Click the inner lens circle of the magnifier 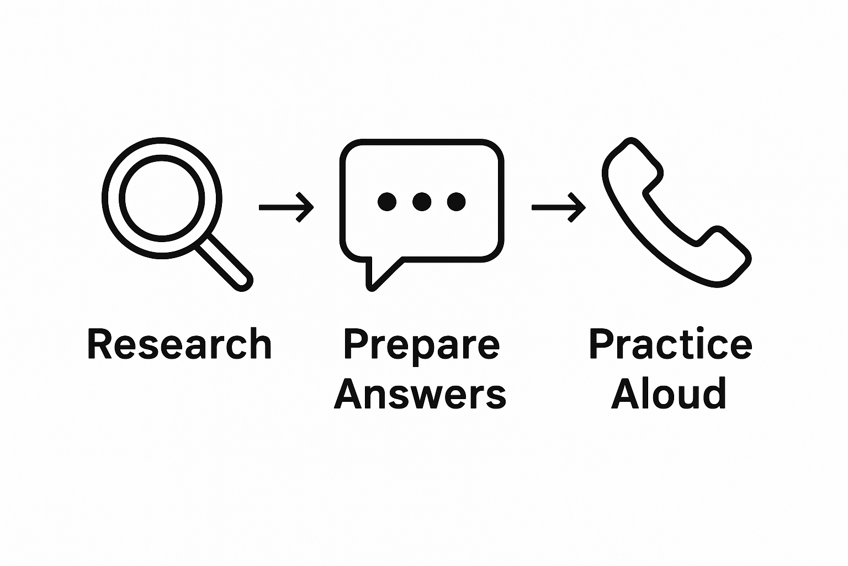point(162,197)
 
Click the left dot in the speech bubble point(387,202)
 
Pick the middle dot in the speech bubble point(422,202)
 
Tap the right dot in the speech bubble point(456,202)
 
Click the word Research point(179,344)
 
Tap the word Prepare point(421,344)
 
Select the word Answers point(420,394)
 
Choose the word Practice point(670,344)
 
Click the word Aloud point(669,394)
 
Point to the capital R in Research point(99,344)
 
